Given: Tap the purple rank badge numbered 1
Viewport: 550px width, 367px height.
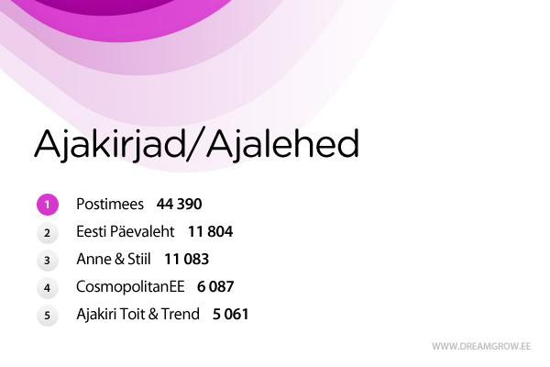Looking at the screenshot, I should pos(48,205).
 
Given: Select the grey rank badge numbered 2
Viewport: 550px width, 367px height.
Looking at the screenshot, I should pos(48,232).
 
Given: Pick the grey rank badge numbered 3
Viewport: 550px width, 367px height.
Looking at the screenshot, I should pos(48,260).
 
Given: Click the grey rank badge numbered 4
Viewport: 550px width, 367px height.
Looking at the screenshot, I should pos(48,287).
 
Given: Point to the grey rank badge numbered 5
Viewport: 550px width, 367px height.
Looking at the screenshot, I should pos(48,315).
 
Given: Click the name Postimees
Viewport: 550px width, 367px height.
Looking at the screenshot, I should pos(110,204).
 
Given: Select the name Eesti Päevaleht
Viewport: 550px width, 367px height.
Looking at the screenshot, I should pos(126,231).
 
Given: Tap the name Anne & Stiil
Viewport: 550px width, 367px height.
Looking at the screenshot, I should pos(113,259).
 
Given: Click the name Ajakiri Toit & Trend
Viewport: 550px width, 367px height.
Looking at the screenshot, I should pos(137,314).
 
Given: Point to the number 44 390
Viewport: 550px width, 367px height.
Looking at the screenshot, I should pos(180,204).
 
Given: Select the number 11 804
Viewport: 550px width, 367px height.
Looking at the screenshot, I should pos(211,231).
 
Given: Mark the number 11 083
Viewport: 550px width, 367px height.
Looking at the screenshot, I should pos(187,259).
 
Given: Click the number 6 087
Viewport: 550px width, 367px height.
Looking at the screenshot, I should pos(216,286).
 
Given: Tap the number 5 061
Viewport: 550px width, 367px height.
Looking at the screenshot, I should pos(231,314).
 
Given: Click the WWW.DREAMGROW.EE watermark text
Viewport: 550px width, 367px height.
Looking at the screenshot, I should pos(481,347).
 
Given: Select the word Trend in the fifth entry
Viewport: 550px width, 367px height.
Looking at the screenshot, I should pos(181,314).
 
